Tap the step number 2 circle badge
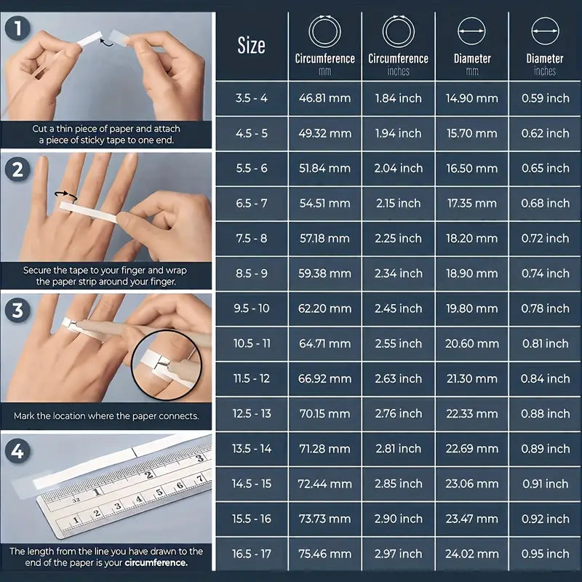[x=17, y=170]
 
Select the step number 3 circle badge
[x=17, y=311]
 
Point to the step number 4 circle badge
[x=17, y=452]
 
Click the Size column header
[x=251, y=46]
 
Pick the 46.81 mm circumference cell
[x=324, y=98]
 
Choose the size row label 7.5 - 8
[x=251, y=239]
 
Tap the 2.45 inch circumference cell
[x=398, y=308]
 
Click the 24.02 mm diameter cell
[x=471, y=554]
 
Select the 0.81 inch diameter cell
[x=545, y=343]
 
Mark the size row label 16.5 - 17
[x=251, y=554]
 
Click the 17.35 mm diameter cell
[x=471, y=204]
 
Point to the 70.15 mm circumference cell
[x=324, y=414]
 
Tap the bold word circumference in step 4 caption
[x=156, y=562]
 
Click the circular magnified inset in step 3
[x=169, y=362]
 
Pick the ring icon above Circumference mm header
[x=324, y=32]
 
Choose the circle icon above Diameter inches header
[x=545, y=32]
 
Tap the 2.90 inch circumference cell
[x=398, y=519]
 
